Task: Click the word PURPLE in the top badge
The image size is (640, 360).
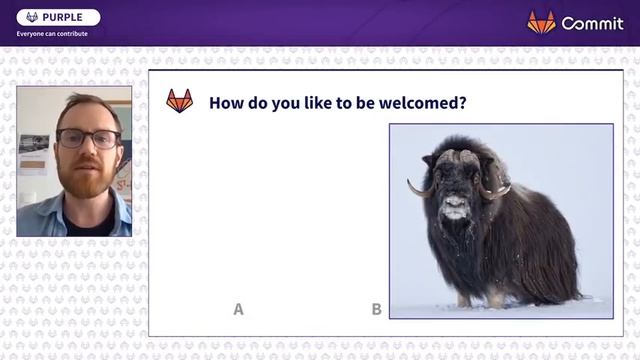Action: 62,17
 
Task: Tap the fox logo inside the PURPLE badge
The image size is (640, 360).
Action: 32,17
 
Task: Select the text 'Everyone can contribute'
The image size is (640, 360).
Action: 52,33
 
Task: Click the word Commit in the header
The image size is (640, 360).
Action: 592,23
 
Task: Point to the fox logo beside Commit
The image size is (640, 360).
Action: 541,22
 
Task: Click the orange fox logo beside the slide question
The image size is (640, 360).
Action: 179,101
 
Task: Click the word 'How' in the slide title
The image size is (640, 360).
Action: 225,102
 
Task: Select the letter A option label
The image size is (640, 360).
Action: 238,309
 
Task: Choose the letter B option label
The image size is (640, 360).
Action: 376,309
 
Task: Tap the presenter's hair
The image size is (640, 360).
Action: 85,107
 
